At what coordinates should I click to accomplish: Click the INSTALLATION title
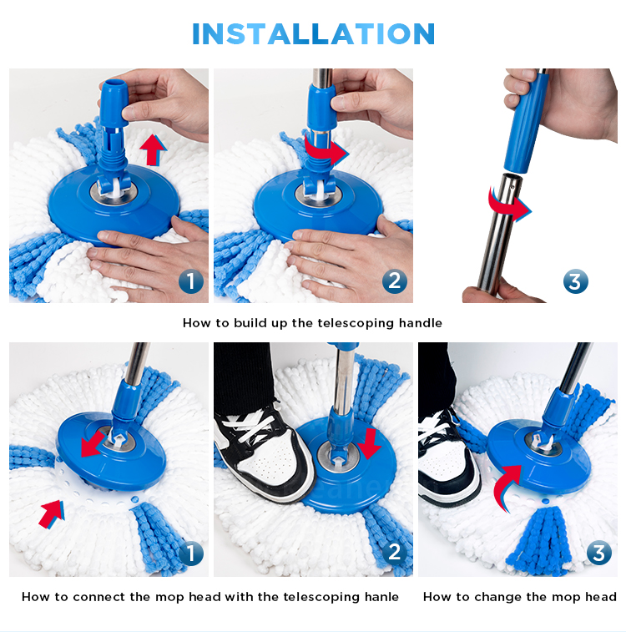click(x=313, y=33)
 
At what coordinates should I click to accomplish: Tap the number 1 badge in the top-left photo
click(x=191, y=281)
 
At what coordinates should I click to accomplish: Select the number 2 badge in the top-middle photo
click(x=394, y=281)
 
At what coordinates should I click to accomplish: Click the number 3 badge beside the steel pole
click(x=576, y=281)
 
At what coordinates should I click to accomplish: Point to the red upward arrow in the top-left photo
click(x=153, y=150)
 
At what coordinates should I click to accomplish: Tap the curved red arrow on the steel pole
click(x=508, y=205)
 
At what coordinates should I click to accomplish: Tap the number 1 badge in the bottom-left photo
click(x=191, y=553)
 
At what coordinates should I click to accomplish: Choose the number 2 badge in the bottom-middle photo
click(x=394, y=553)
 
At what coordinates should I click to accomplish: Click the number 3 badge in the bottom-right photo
click(x=599, y=553)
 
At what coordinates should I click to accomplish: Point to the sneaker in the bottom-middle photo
click(x=264, y=452)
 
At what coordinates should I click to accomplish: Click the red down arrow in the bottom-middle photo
click(x=370, y=443)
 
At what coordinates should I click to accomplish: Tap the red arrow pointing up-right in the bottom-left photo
click(x=52, y=513)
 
